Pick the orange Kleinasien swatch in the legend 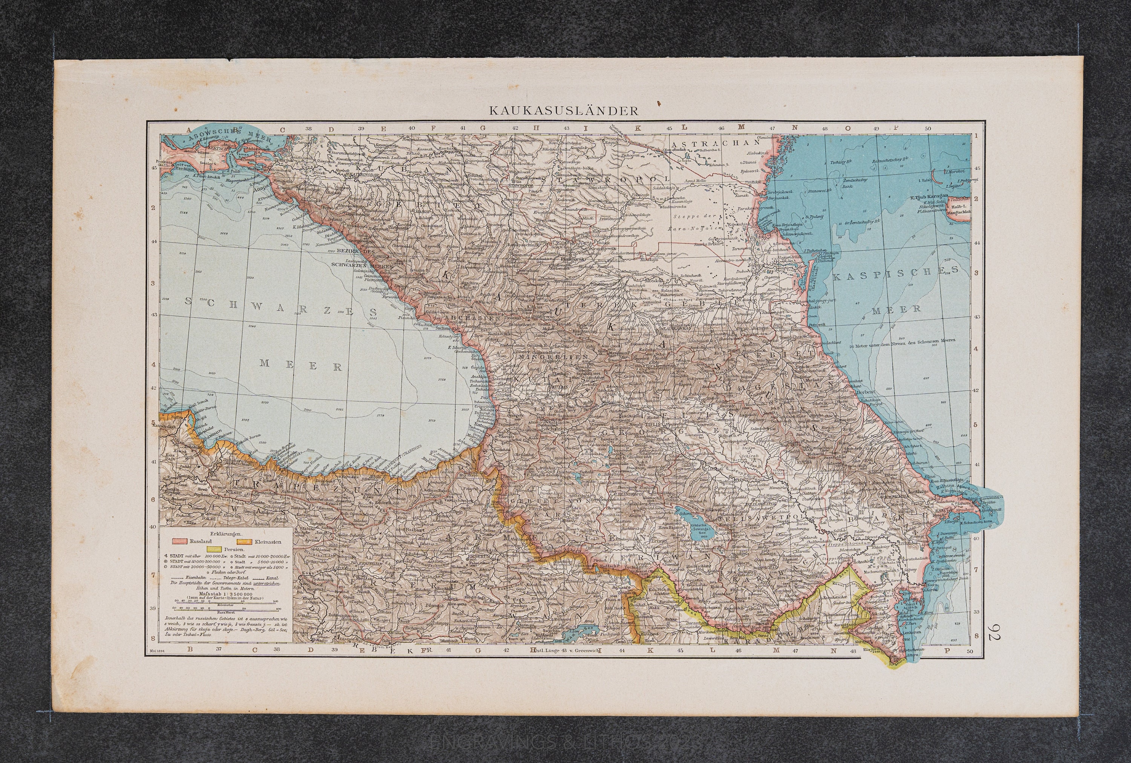coord(243,541)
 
